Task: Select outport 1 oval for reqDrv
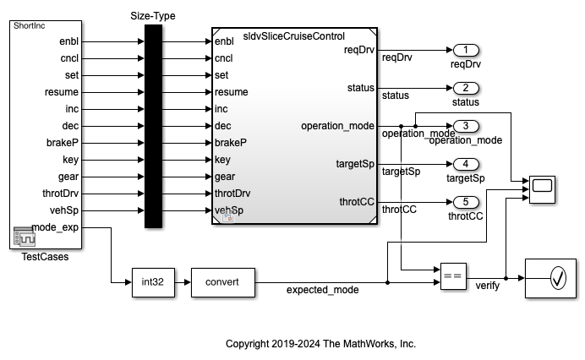[x=466, y=50]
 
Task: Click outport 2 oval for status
[x=466, y=88]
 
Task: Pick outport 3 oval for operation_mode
[x=466, y=126]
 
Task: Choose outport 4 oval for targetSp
[x=466, y=164]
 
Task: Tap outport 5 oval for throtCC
[x=466, y=202]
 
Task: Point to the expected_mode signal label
[x=322, y=290]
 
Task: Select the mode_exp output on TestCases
[x=55, y=227]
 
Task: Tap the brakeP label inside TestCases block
[x=63, y=142]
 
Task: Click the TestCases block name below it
[x=45, y=257]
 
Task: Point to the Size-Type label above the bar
[x=153, y=15]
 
